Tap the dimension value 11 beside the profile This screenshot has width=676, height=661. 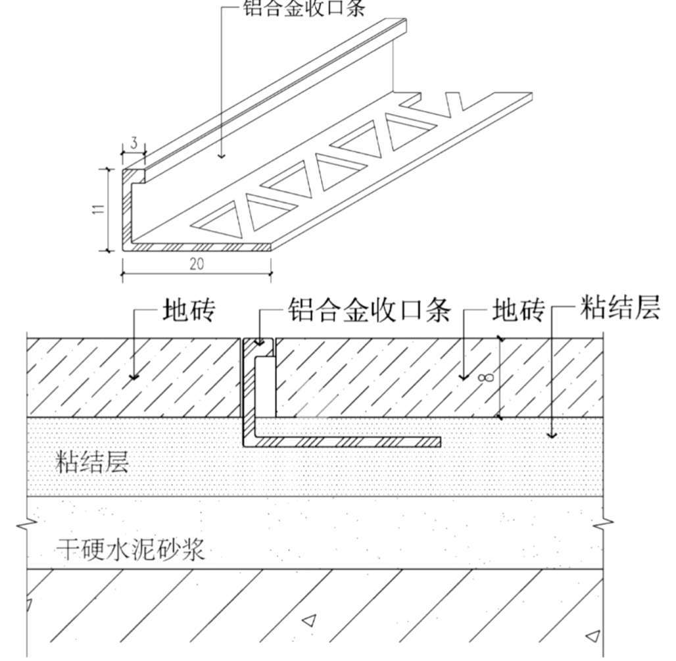[x=97, y=209]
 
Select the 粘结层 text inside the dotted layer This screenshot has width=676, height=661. [x=92, y=462]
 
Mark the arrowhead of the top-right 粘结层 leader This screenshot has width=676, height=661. [x=552, y=435]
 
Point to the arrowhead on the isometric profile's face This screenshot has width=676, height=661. [x=222, y=155]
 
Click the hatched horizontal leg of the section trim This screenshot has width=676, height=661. [x=349, y=441]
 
